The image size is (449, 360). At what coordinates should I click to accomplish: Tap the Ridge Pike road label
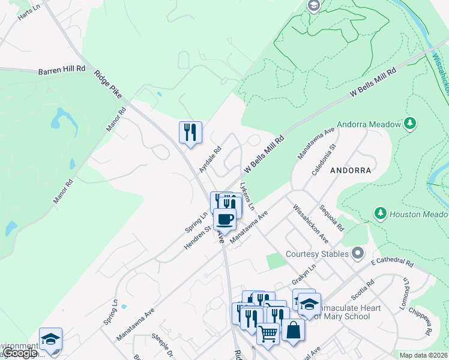(x=109, y=83)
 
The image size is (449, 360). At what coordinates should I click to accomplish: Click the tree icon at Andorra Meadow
(x=410, y=124)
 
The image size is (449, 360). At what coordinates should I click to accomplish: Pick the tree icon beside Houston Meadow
(x=379, y=214)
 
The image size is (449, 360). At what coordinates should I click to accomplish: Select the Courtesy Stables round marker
(x=358, y=253)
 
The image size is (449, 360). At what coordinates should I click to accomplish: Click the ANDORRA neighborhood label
(x=350, y=170)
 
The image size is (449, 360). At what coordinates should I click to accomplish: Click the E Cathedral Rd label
(x=392, y=263)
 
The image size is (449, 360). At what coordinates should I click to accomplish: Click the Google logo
(x=20, y=353)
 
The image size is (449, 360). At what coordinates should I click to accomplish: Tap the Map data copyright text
(x=423, y=355)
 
